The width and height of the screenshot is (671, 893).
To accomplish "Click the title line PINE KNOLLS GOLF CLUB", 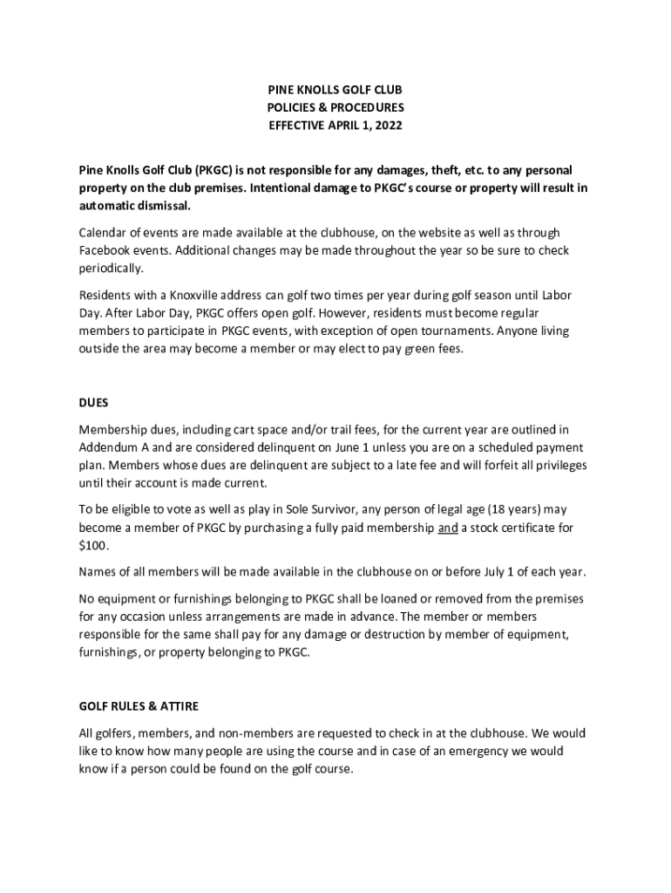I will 335,90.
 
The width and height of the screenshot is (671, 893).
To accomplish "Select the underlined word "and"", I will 448,528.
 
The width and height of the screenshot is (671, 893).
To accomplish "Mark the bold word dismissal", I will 160,206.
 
